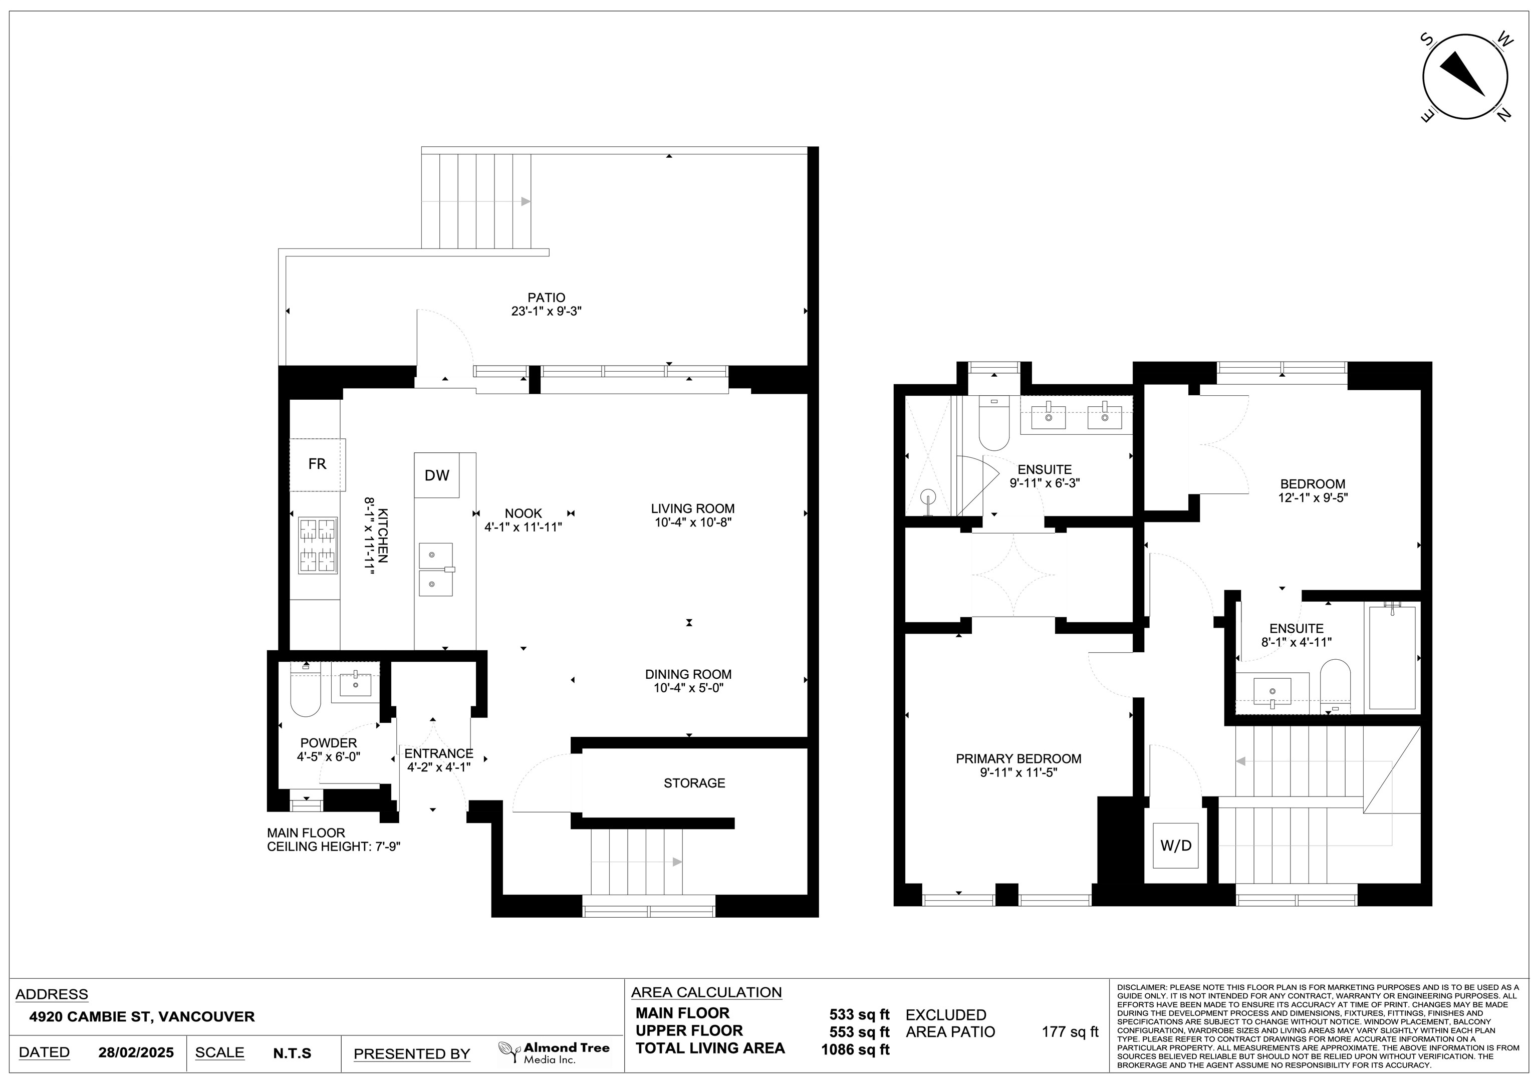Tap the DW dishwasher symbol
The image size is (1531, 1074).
point(437,475)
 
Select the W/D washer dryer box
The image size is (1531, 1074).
point(1176,846)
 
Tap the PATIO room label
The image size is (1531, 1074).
point(546,298)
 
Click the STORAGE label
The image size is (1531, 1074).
point(694,782)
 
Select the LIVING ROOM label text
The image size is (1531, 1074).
point(693,508)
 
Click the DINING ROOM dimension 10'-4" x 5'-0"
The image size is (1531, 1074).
point(688,687)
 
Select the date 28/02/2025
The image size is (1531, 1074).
point(136,1052)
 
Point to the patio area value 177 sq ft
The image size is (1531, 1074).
point(1070,1032)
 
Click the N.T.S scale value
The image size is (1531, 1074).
point(292,1053)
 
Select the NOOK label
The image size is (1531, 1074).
point(524,513)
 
